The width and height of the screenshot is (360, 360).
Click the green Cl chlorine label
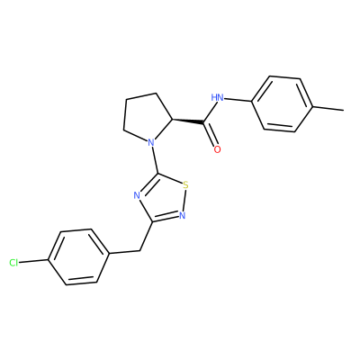coord(13,263)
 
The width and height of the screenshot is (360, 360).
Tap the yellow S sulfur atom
coord(186,184)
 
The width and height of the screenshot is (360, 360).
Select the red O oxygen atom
coord(218,149)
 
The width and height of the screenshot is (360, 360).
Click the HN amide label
coord(217,97)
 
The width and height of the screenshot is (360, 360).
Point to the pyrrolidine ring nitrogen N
coord(151,141)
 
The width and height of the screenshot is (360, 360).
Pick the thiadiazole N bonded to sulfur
coord(183,216)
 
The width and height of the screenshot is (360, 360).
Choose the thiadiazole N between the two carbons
coord(137,195)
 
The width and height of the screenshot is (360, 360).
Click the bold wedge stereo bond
coord(188,121)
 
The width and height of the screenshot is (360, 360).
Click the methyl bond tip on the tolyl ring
coord(344,110)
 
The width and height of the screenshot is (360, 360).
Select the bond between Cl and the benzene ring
coord(33,262)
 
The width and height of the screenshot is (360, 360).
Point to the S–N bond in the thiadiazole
coord(184,200)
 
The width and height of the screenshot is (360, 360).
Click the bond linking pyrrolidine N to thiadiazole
coord(156,159)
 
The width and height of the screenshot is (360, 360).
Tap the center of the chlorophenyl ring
coord(78,256)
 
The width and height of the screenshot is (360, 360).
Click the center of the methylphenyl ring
coord(283,103)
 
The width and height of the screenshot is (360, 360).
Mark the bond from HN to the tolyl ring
coord(238,100)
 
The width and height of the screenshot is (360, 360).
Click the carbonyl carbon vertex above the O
coord(204,121)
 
